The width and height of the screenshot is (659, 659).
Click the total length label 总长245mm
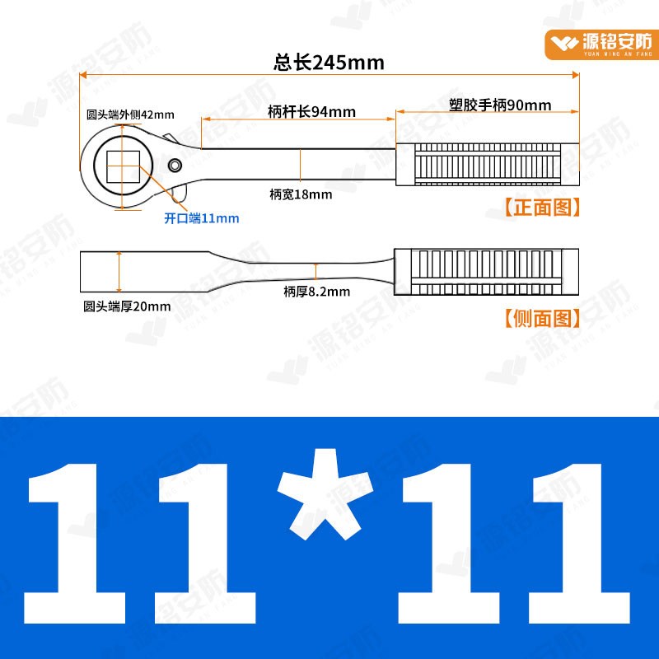pos(329,63)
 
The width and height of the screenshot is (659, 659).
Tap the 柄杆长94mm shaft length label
pos(312,112)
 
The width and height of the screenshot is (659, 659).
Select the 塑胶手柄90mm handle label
pos(500,105)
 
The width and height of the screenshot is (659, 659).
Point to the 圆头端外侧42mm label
pos(130,116)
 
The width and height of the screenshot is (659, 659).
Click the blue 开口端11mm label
pos(202,218)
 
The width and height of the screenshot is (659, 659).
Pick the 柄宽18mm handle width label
pos(301,194)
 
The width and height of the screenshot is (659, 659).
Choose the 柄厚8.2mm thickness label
pos(316,291)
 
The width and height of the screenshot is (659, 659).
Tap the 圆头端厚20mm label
pos(127,306)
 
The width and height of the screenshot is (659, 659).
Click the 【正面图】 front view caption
pos(541,208)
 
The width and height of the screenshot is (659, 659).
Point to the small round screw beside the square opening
pos(175,166)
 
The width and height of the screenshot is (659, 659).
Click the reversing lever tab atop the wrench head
pos(169,138)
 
